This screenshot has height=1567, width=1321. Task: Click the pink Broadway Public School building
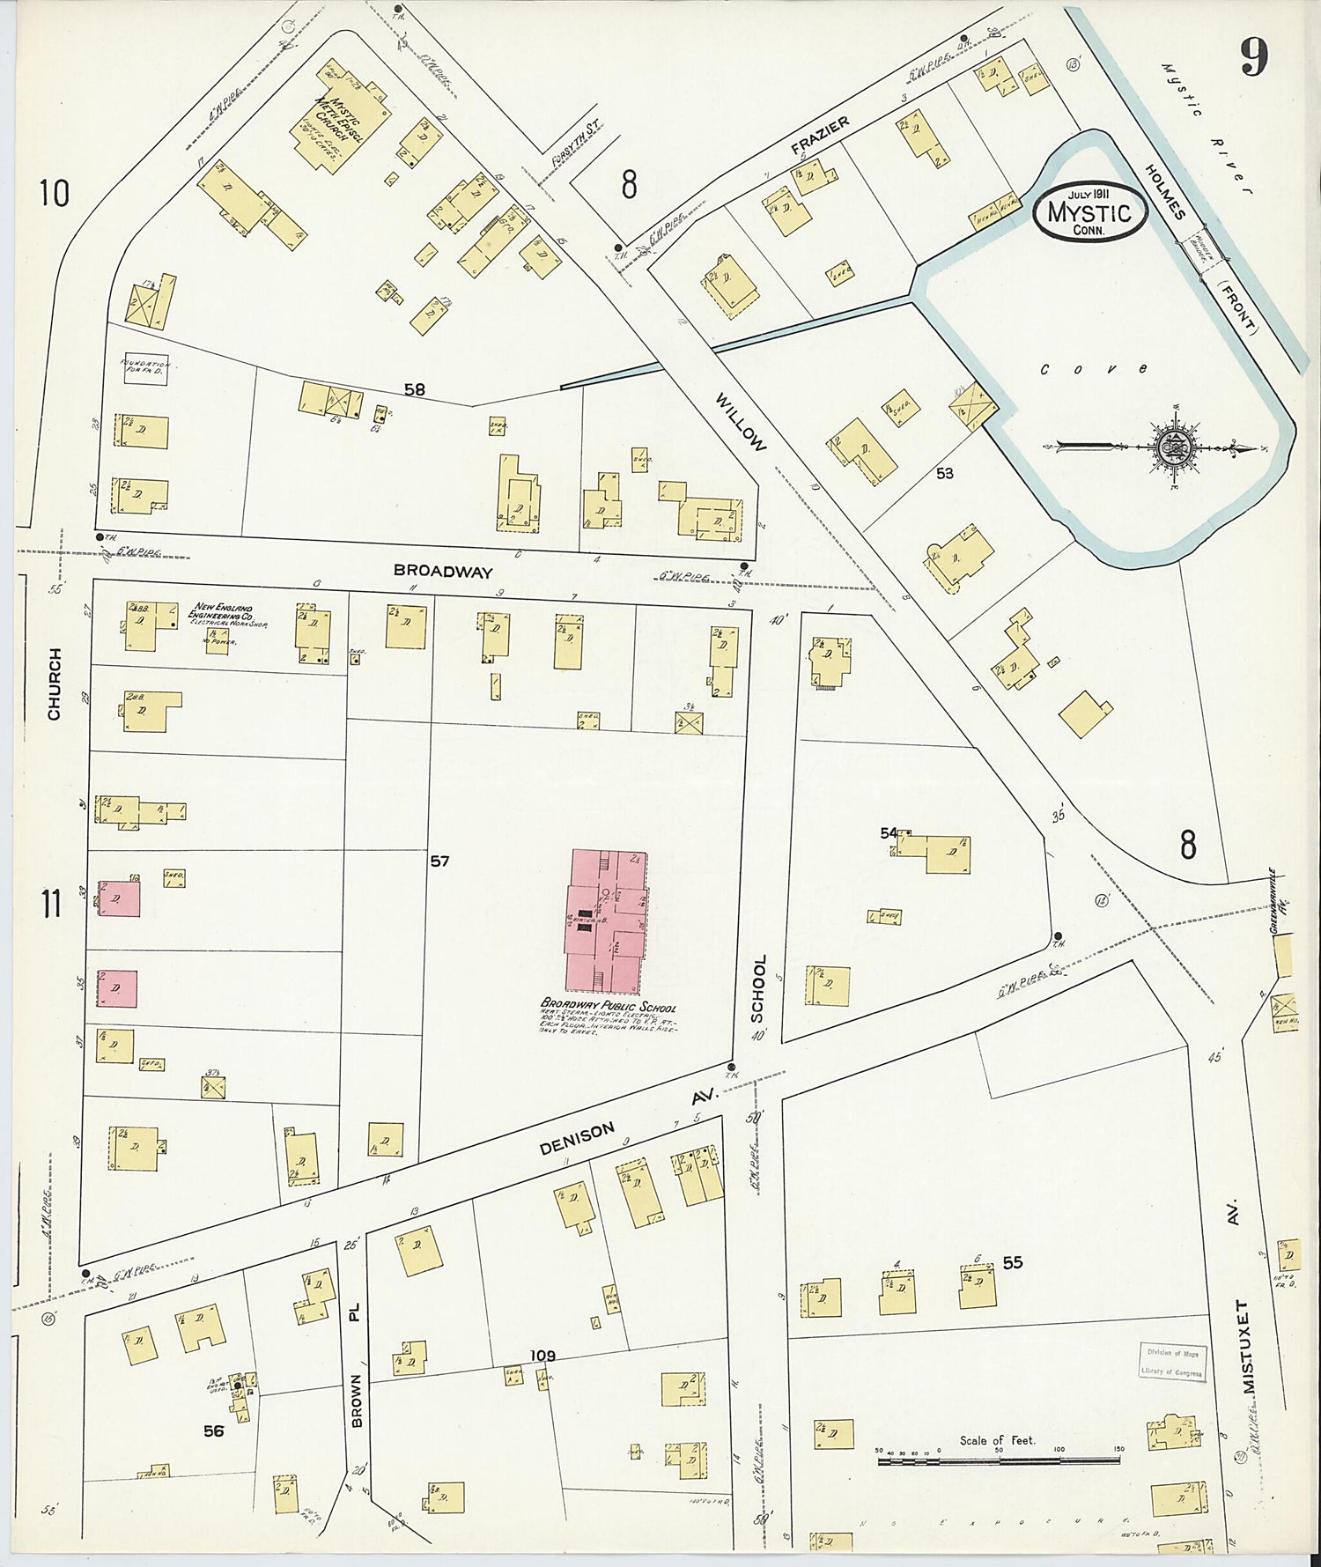click(x=606, y=920)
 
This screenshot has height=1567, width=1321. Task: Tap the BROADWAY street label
click(x=443, y=571)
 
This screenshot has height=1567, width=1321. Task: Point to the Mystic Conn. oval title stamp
click(x=1089, y=211)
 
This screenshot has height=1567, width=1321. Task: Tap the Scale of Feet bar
click(x=998, y=1460)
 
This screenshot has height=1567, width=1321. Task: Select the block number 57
click(x=439, y=861)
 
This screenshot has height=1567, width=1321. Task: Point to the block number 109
click(x=542, y=1355)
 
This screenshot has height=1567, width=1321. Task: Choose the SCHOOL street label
click(x=758, y=988)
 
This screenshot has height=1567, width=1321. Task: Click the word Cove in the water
click(x=1094, y=369)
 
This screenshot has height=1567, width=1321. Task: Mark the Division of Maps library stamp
click(x=1171, y=1363)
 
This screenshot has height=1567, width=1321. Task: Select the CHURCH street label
click(x=55, y=684)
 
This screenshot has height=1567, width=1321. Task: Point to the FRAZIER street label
click(x=820, y=137)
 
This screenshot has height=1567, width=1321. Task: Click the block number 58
click(x=414, y=388)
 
